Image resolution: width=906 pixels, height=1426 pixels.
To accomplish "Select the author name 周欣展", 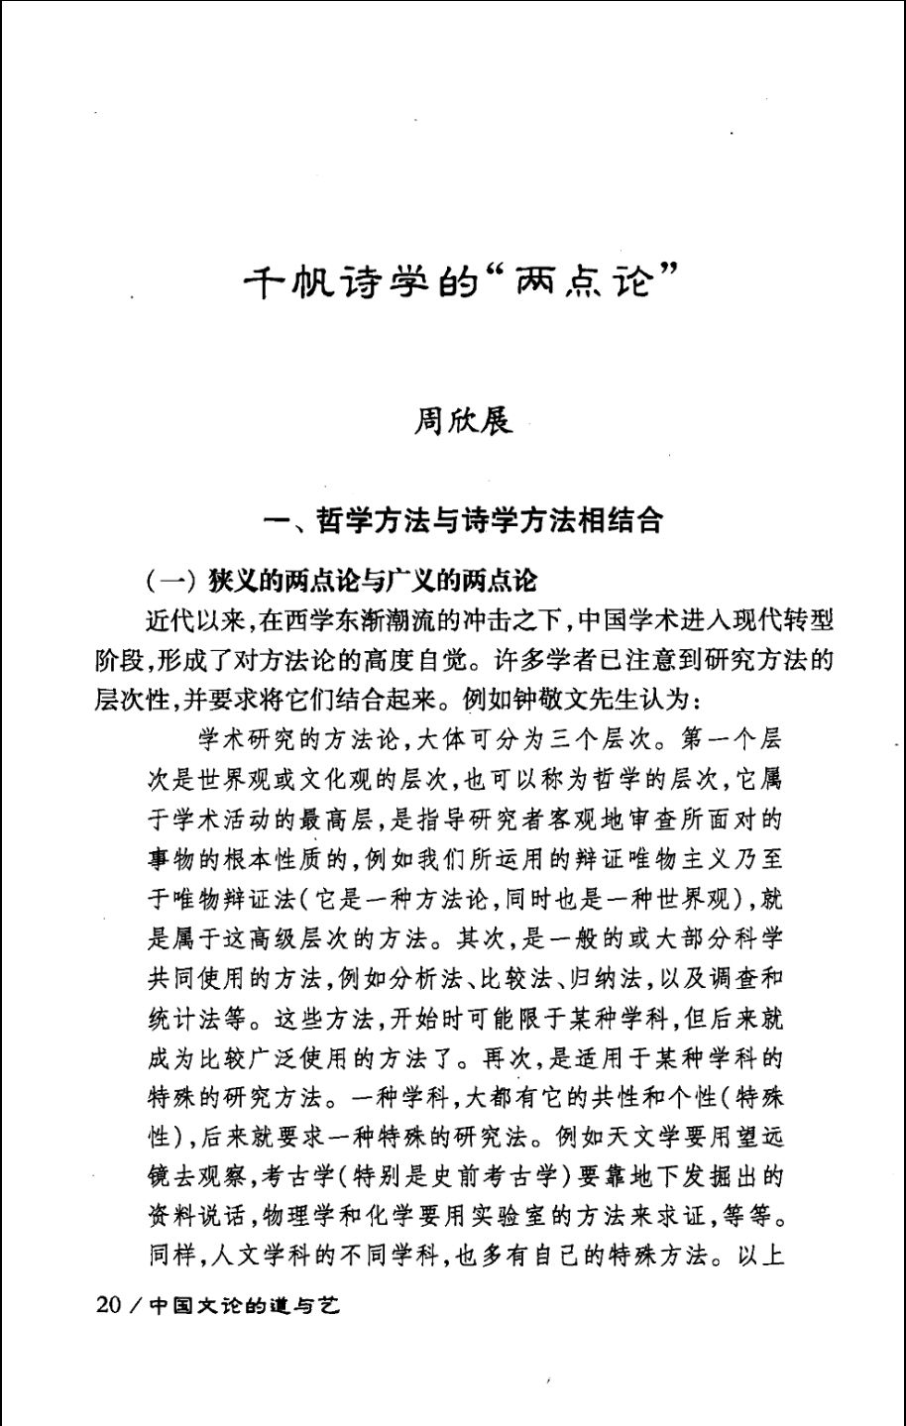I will (x=463, y=421).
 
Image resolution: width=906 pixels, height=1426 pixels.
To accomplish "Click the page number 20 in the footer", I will (x=107, y=1305).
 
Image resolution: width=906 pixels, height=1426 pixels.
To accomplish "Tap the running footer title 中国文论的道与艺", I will (x=244, y=1305).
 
